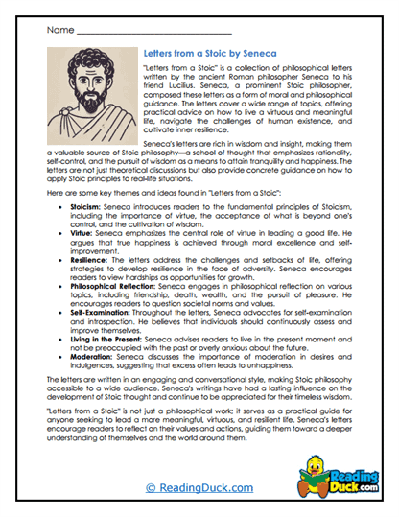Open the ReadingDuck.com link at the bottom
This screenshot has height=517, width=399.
pyautogui.click(x=199, y=488)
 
